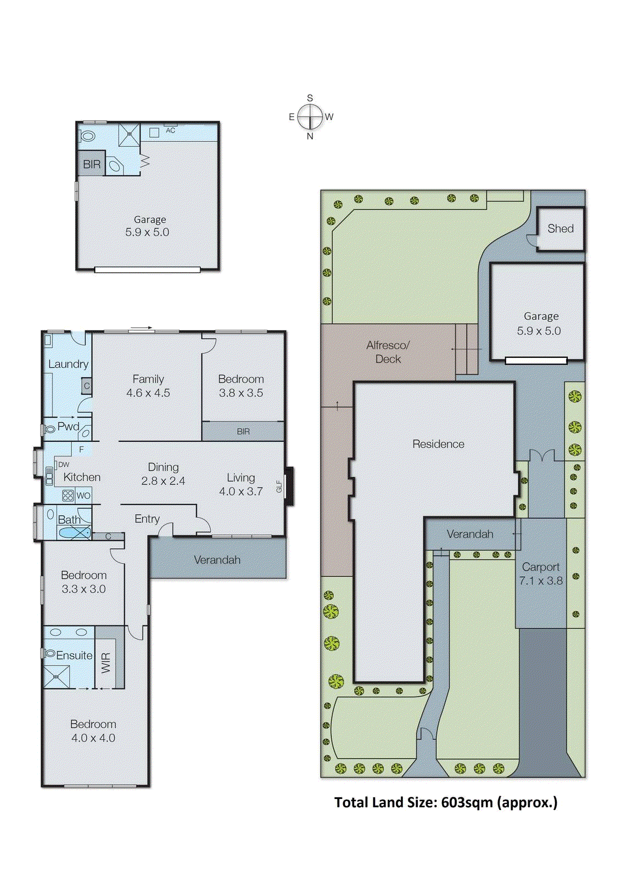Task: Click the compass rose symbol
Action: pyautogui.click(x=310, y=117)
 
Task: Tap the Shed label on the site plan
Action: pyautogui.click(x=560, y=229)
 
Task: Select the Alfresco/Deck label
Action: pyautogui.click(x=388, y=352)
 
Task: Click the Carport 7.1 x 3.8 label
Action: pyautogui.click(x=541, y=573)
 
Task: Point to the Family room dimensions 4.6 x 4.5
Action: pyautogui.click(x=148, y=393)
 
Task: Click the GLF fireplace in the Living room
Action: pyautogui.click(x=289, y=486)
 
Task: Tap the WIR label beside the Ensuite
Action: pyautogui.click(x=106, y=663)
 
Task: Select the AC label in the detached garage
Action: pyautogui.click(x=170, y=131)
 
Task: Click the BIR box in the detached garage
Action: pyautogui.click(x=91, y=164)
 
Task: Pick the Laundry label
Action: pyautogui.click(x=68, y=364)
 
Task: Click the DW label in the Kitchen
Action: pyautogui.click(x=64, y=464)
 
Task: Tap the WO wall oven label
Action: pyautogui.click(x=83, y=496)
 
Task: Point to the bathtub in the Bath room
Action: pyautogui.click(x=74, y=532)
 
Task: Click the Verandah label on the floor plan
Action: pyautogui.click(x=217, y=560)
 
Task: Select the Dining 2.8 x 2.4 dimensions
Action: pyautogui.click(x=163, y=481)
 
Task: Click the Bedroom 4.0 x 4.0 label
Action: pyautogui.click(x=93, y=731)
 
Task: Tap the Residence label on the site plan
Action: pyautogui.click(x=438, y=444)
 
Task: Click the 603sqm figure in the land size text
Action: pyautogui.click(x=467, y=802)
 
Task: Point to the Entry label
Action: pyautogui.click(x=147, y=519)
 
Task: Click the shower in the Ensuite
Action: pyautogui.click(x=57, y=677)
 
